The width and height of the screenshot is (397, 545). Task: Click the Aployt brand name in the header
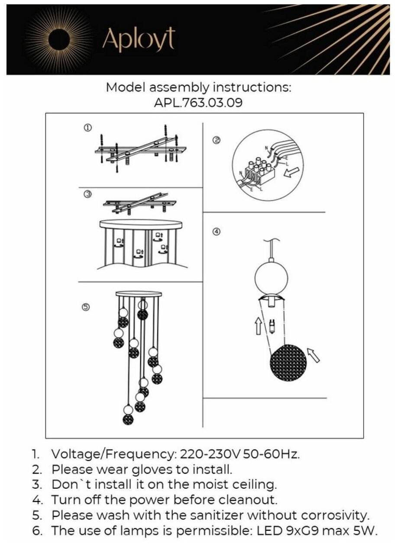[x=138, y=40]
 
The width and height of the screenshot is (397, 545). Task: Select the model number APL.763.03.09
[x=198, y=103]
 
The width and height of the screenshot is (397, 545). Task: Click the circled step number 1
[x=87, y=128]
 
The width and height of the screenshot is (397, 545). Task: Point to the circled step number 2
[x=216, y=140]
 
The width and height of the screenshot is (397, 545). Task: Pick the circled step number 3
[x=87, y=195]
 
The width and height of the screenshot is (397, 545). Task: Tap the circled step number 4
[x=216, y=231]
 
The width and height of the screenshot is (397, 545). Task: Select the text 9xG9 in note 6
[x=306, y=530]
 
